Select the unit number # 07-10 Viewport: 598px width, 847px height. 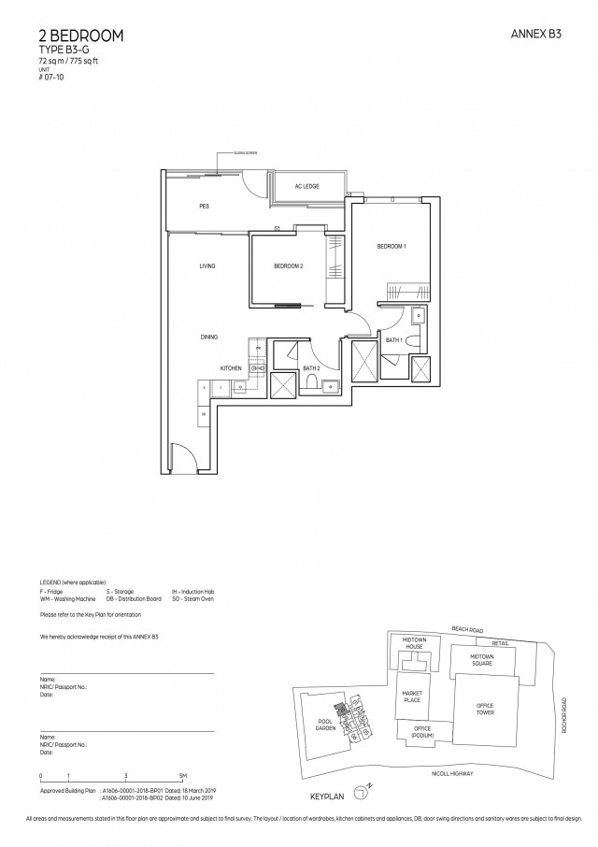52,78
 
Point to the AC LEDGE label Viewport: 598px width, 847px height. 306,187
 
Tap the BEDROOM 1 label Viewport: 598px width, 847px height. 391,247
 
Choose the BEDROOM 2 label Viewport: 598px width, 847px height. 288,266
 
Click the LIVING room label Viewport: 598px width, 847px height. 206,266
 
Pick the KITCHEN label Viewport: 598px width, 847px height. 231,368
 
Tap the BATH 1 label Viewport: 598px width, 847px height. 393,341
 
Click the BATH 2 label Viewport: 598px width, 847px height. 312,368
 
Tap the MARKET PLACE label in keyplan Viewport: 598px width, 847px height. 412,696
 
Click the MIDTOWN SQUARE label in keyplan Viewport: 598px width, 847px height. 481,660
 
